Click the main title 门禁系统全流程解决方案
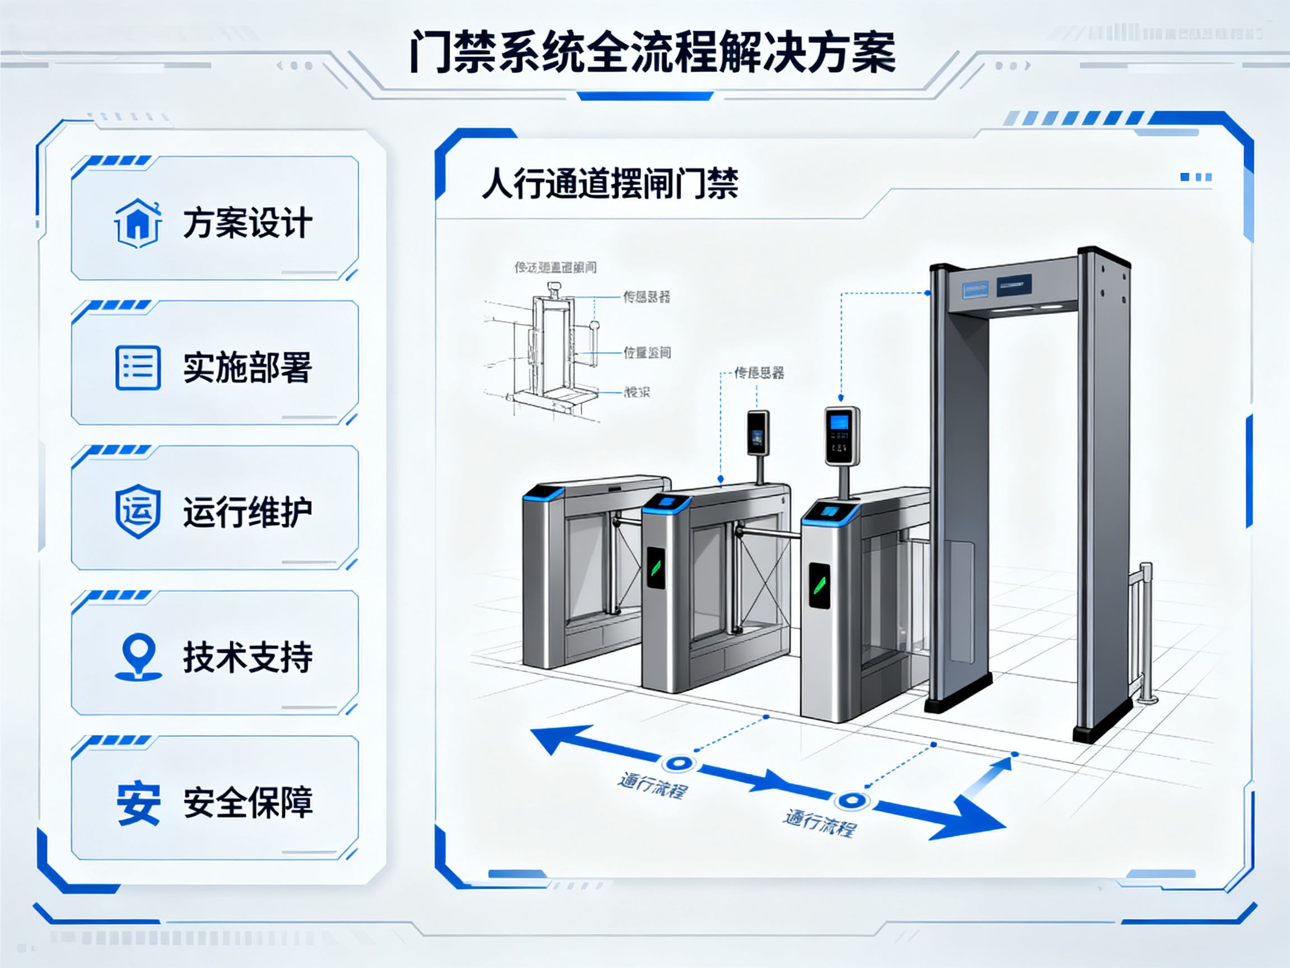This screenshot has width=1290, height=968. [x=652, y=53]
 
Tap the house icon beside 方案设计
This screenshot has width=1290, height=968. [x=138, y=223]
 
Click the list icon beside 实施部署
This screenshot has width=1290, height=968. [x=138, y=367]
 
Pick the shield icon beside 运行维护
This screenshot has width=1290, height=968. [x=138, y=510]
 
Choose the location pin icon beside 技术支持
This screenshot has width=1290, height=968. [x=138, y=657]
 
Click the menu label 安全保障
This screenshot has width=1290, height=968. [x=248, y=802]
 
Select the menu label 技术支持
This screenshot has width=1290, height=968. [x=248, y=657]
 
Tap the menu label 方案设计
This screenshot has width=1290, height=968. [x=248, y=223]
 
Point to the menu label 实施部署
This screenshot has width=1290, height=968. [x=248, y=367]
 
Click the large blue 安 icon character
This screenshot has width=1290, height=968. [x=138, y=803]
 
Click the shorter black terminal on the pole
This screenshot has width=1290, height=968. [x=758, y=432]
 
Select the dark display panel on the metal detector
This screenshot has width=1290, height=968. [x=1013, y=285]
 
